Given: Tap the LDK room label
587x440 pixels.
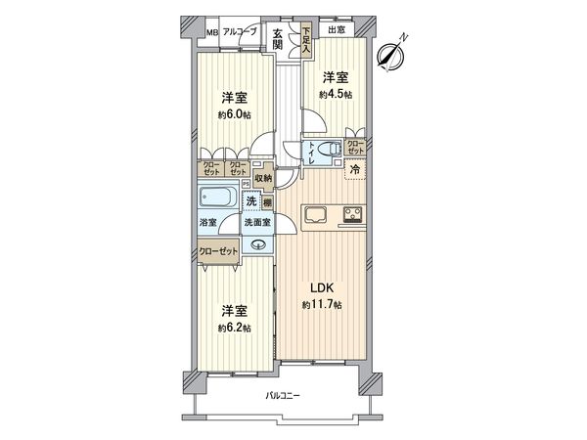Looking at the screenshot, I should coord(322,288).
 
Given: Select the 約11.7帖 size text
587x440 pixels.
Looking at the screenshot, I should coord(322,306).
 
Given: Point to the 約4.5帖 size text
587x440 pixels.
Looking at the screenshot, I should coord(336,94).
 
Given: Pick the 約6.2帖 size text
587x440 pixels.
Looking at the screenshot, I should coord(234,328).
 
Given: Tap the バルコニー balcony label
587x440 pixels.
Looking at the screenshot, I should coord(284,396).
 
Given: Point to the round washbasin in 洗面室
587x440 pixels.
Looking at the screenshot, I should coord(258,244).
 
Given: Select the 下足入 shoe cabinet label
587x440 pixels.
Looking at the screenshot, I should coord(306,39).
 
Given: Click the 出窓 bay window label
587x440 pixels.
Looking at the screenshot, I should coord(336,31).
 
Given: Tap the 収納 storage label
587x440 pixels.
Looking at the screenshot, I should coord(263,178).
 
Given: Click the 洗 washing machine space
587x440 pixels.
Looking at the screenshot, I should coord(250,201).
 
